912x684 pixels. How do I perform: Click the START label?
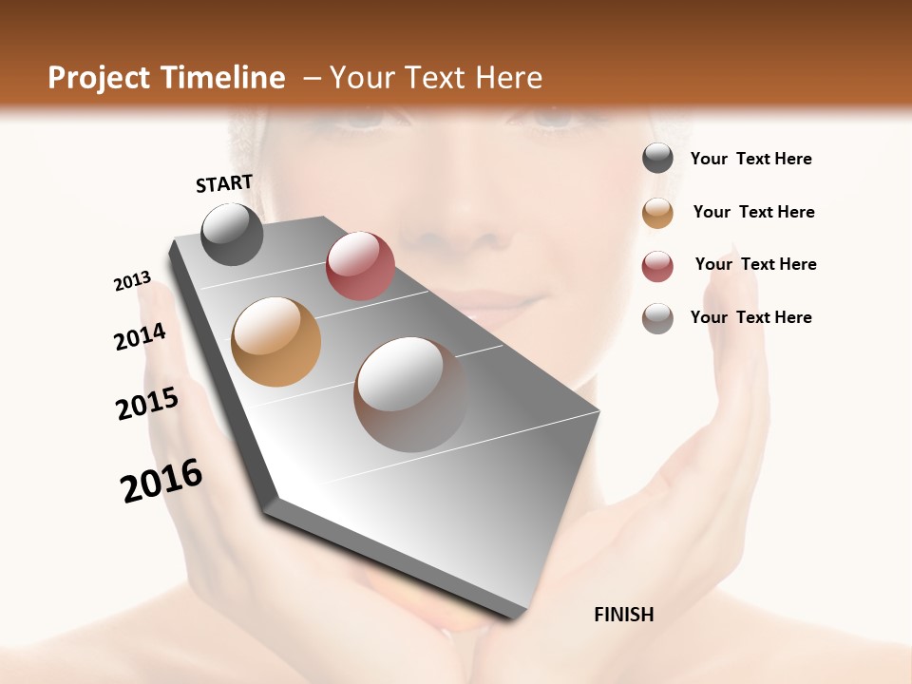tap(224, 183)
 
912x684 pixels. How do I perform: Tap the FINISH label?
tap(623, 615)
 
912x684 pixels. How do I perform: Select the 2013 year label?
tap(132, 281)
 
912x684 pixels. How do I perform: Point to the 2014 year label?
tap(140, 337)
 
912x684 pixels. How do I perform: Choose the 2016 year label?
tap(161, 481)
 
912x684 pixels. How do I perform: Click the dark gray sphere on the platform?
tap(232, 234)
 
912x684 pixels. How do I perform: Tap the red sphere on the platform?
tap(360, 265)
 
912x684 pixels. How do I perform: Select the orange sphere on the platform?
tap(275, 341)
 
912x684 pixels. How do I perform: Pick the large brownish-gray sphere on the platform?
tap(411, 393)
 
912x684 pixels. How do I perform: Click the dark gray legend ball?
tap(657, 158)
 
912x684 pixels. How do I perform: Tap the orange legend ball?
tap(657, 212)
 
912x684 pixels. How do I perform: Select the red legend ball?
tap(657, 266)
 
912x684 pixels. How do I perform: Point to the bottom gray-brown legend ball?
tap(657, 318)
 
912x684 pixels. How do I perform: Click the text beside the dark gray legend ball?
tap(750, 159)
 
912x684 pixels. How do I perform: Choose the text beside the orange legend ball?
tap(753, 212)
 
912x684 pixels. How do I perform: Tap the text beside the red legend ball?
tap(755, 264)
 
